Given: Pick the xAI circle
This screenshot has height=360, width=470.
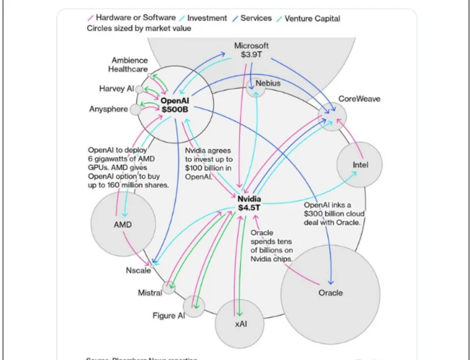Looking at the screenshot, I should (240, 323).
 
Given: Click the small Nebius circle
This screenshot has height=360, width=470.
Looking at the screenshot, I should (256, 89).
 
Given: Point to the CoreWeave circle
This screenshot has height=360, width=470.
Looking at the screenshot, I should (332, 116).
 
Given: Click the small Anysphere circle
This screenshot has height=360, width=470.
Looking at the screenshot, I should (135, 110).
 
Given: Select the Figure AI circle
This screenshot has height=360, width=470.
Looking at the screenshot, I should (195, 305).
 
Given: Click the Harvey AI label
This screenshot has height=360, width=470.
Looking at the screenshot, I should (116, 89).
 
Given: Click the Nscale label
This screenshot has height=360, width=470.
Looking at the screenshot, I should (137, 270).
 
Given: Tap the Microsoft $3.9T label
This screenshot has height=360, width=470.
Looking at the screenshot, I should (251, 50).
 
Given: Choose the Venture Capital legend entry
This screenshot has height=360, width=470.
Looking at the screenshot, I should (311, 18).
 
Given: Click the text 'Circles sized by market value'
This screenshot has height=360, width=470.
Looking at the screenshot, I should (139, 29).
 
